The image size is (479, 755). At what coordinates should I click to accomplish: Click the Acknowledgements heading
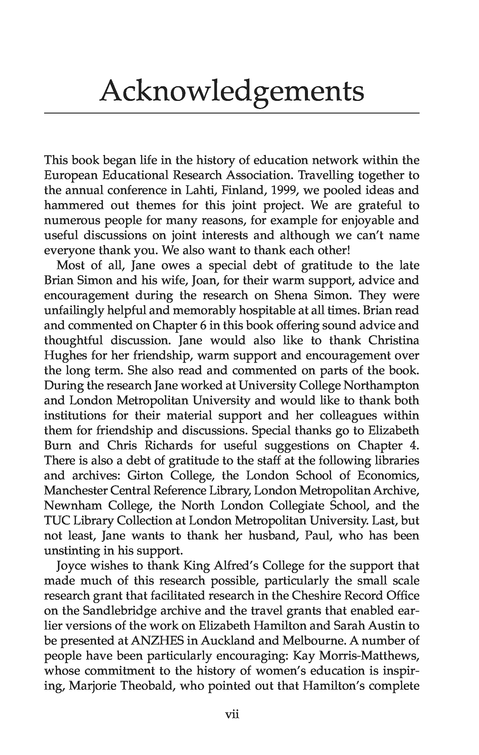pyautogui.click(x=231, y=92)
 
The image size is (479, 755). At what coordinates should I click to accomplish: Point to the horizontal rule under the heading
pyautogui.click(x=231, y=113)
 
